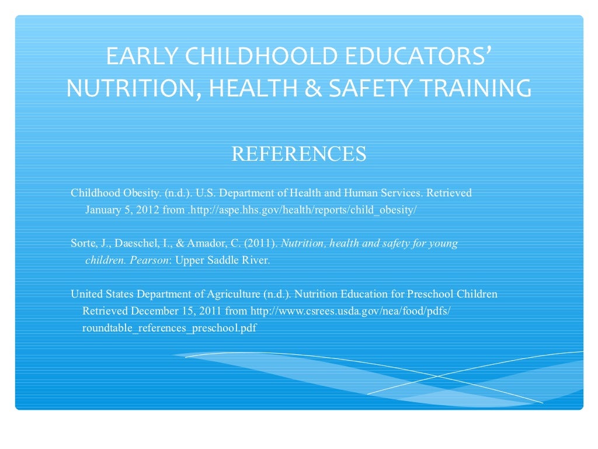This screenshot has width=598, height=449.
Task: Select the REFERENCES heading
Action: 299,154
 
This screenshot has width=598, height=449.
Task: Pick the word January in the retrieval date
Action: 103,210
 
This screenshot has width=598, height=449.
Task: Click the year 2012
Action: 147,210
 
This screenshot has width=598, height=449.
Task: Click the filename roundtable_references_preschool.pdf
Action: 169,328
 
